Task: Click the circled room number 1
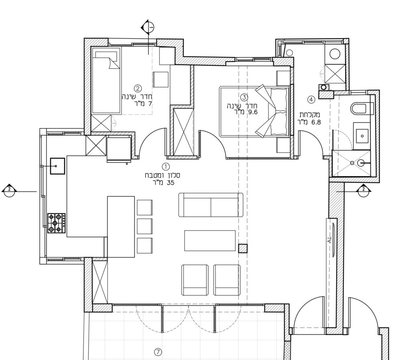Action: pos(166,167)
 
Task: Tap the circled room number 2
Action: pos(138,88)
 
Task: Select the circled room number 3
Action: pos(244,97)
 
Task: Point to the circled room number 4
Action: pos(311,100)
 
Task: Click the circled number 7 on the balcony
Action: pos(158,352)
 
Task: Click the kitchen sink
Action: pos(57,166)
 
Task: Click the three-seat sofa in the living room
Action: pos(211,205)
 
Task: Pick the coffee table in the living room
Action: pos(210,241)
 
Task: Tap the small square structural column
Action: pos(243,248)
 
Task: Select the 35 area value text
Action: pos(170,183)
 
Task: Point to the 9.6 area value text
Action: pos(253,112)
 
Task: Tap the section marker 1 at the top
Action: pos(148,27)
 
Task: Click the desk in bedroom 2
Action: pos(161,80)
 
